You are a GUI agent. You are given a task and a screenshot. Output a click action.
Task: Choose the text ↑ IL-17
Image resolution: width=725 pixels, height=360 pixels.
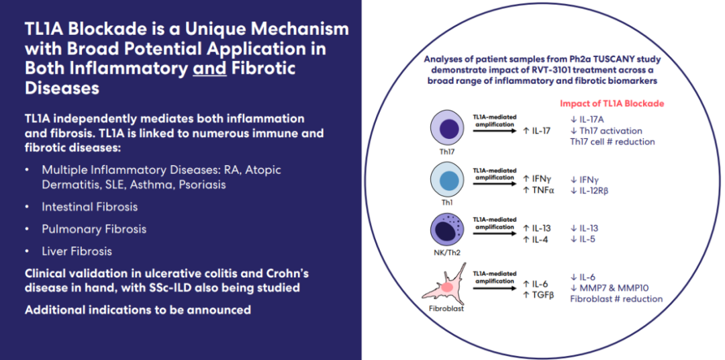pos(536,130)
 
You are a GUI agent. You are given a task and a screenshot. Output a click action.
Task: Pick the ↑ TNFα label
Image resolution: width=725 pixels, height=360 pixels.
pos(539,190)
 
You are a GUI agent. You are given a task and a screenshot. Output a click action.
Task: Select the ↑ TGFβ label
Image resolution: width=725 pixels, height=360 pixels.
pos(538,294)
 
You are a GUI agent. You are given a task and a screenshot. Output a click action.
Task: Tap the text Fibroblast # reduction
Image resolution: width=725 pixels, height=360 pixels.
pos(616,299)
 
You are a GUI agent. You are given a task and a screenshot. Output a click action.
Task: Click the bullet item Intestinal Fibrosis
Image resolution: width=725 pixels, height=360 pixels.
pos(89,207)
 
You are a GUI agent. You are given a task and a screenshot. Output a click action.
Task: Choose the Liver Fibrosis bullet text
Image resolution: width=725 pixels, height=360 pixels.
pos(77,251)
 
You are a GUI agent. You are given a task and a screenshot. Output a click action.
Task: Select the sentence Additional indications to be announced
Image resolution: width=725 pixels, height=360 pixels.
pos(138,310)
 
